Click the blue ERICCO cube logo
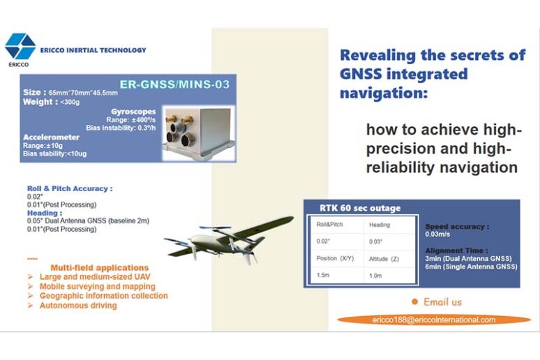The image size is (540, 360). point(20,47)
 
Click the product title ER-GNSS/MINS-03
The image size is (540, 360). point(174,84)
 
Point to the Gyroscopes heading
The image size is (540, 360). point(133,112)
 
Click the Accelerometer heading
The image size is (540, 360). point(51,137)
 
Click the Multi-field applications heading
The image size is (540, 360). point(99,267)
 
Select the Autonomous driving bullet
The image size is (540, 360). point(77,306)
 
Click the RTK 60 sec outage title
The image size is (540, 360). point(360,208)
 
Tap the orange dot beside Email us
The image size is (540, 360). point(414,301)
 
